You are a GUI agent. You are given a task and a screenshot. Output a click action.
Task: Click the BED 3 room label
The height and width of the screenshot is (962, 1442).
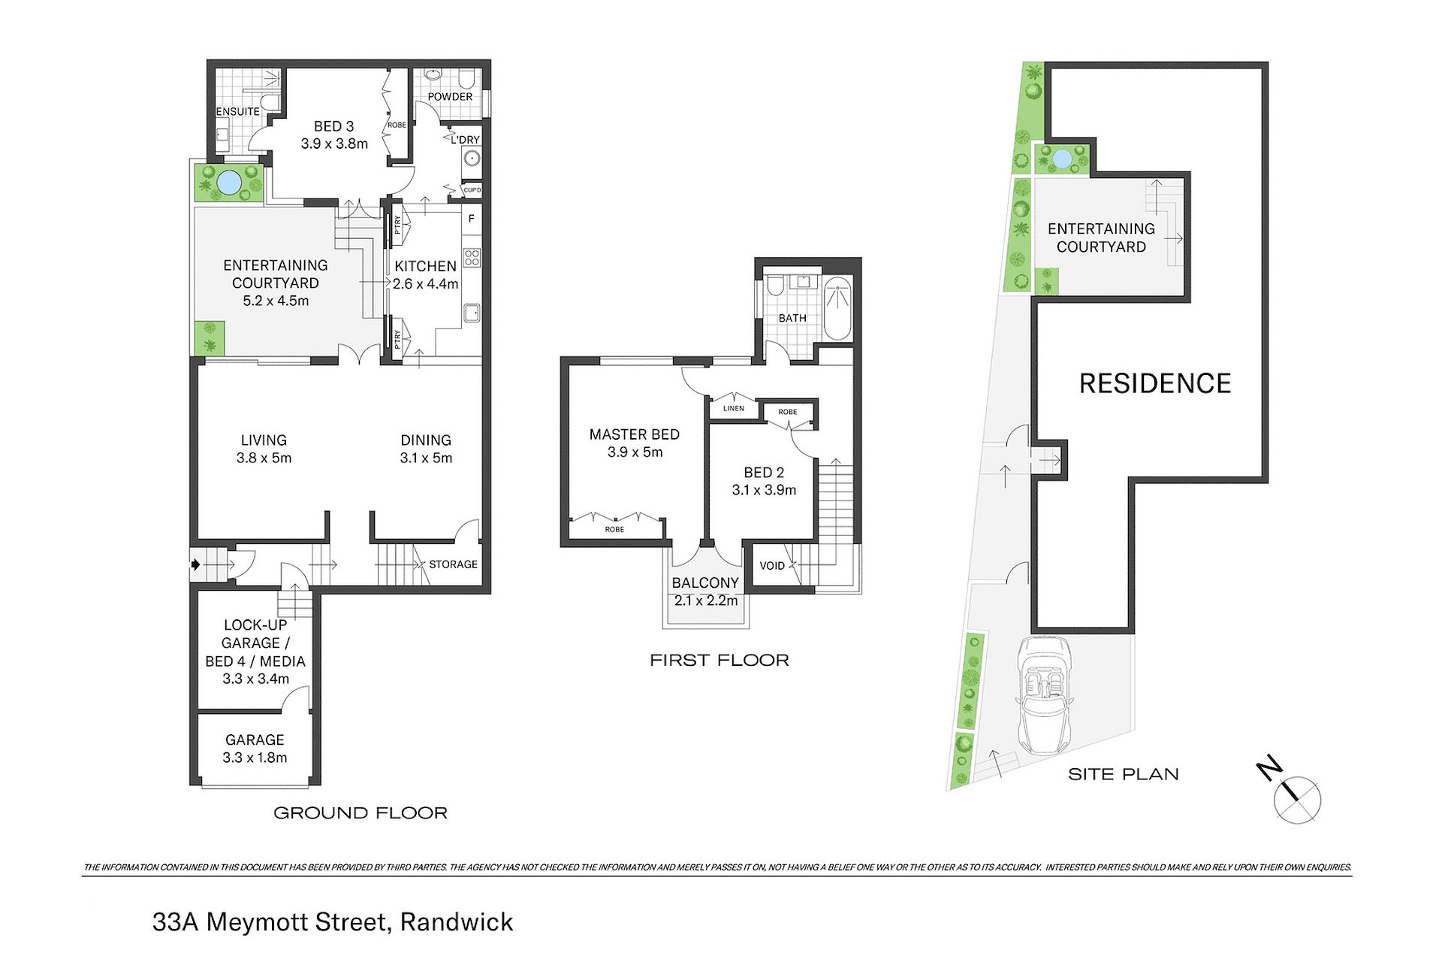click(334, 126)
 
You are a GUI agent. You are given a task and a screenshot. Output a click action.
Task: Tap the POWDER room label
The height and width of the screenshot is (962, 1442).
click(450, 97)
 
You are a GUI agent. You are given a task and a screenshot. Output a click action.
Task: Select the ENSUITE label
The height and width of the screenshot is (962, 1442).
click(238, 111)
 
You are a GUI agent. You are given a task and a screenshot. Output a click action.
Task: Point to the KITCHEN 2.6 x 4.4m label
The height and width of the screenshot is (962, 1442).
click(426, 275)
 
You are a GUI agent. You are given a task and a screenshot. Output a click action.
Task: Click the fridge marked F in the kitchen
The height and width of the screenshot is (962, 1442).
click(472, 219)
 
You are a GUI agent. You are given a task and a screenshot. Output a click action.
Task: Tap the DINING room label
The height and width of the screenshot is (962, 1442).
click(426, 440)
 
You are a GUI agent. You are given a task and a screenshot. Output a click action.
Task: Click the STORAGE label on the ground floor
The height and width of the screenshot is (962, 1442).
click(453, 564)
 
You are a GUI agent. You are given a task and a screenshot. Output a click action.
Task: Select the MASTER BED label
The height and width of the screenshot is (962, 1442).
click(635, 434)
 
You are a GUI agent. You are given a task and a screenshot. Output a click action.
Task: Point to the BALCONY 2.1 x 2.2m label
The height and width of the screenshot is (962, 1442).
click(706, 591)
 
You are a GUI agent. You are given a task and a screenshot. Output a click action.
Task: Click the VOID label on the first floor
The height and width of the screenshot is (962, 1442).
click(772, 566)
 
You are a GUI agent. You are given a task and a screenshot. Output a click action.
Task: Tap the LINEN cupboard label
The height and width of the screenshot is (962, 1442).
click(734, 409)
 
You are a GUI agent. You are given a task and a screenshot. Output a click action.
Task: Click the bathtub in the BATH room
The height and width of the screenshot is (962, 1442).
click(837, 309)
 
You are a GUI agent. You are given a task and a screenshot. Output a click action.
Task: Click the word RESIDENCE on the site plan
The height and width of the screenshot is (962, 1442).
click(1155, 383)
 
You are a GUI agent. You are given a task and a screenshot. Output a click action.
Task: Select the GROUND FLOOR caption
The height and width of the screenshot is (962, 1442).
click(360, 812)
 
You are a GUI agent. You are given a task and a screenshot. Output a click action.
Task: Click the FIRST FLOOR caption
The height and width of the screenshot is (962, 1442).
click(719, 660)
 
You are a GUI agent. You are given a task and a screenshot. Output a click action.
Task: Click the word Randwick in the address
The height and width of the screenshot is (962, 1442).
click(457, 922)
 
